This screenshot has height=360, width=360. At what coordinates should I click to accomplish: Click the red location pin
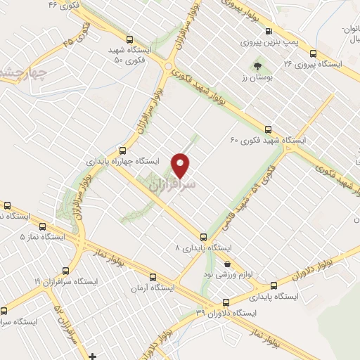coord(182,164)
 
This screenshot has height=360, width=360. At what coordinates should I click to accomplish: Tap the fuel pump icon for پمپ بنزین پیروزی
coord(268,31)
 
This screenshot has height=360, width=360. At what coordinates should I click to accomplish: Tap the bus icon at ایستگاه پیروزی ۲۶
coord(313,53)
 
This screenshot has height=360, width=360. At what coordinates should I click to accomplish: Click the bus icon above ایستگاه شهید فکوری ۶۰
coord(268,129)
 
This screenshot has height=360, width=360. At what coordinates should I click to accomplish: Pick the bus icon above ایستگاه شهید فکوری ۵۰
coord(129,39)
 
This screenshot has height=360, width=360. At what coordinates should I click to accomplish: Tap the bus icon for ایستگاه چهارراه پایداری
coord(123,150)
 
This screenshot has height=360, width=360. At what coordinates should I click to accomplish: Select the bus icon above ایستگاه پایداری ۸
coord(203,237)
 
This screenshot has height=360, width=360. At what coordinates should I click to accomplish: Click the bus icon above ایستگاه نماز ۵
coord(44,227)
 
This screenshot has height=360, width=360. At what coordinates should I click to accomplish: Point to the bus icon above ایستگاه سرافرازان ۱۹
coord(66,270)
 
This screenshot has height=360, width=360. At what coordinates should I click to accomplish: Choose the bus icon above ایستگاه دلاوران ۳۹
coord(209,299)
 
